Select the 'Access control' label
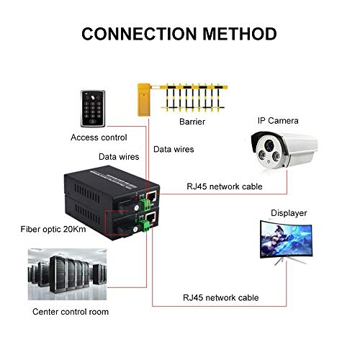pos(99,137)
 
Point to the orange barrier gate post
pos(143,101)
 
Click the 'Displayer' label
pos(288,213)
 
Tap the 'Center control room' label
pos(71,312)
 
